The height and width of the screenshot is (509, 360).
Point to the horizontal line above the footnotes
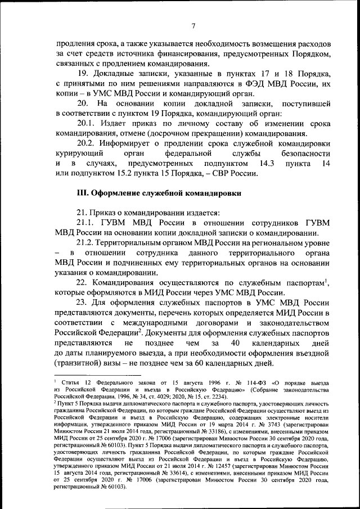point(96,378)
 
